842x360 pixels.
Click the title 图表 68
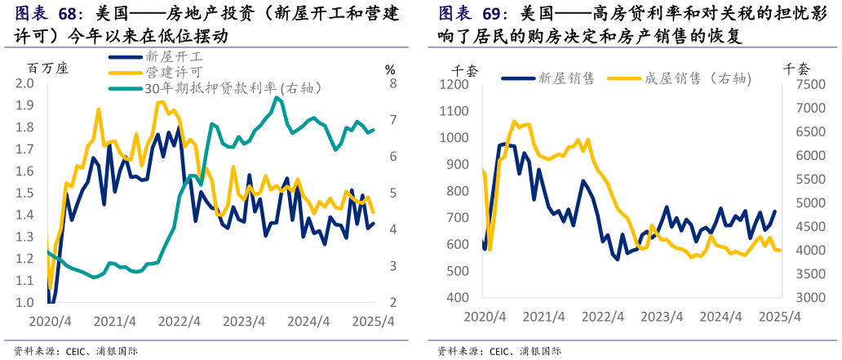(50, 15)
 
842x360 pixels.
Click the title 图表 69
(473, 14)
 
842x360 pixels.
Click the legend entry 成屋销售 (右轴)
(698, 78)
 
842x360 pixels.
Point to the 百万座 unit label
(48, 68)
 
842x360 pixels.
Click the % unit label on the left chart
(389, 69)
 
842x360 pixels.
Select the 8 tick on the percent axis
(392, 83)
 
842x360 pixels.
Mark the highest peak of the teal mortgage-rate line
(277, 97)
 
